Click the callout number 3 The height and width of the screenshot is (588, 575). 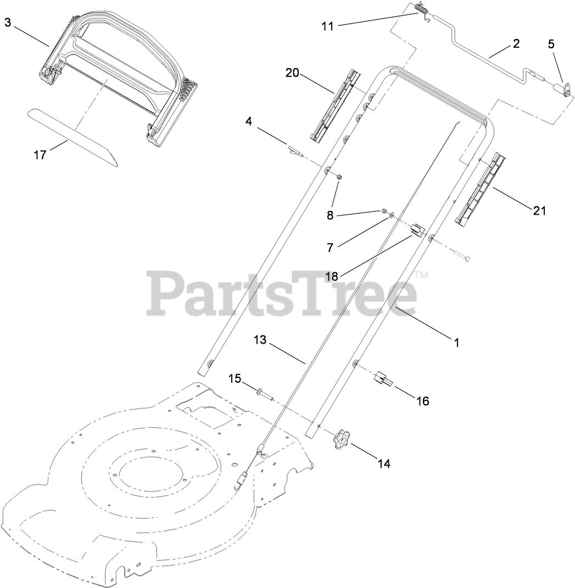[x=8, y=23]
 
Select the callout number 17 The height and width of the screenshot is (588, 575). [x=40, y=155]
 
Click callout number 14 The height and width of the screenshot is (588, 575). [x=384, y=463]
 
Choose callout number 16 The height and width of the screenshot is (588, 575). [x=422, y=401]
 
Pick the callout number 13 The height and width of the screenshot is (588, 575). [x=260, y=340]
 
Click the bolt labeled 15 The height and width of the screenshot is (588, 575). [x=264, y=393]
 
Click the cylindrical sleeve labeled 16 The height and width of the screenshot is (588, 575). [x=383, y=379]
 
